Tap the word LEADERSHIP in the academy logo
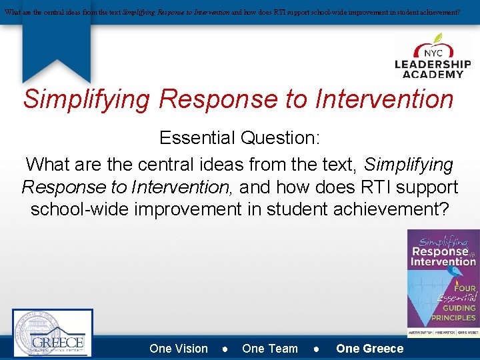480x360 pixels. [433, 65]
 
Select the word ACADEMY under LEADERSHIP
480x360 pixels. [433, 74]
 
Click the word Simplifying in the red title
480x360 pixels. [87, 99]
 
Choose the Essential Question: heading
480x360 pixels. [239, 138]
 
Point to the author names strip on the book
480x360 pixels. [443, 330]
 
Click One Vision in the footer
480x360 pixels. [179, 349]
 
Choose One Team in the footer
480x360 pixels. [270, 349]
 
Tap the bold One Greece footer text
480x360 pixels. [370, 349]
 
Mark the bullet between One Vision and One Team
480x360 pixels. [225, 349]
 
